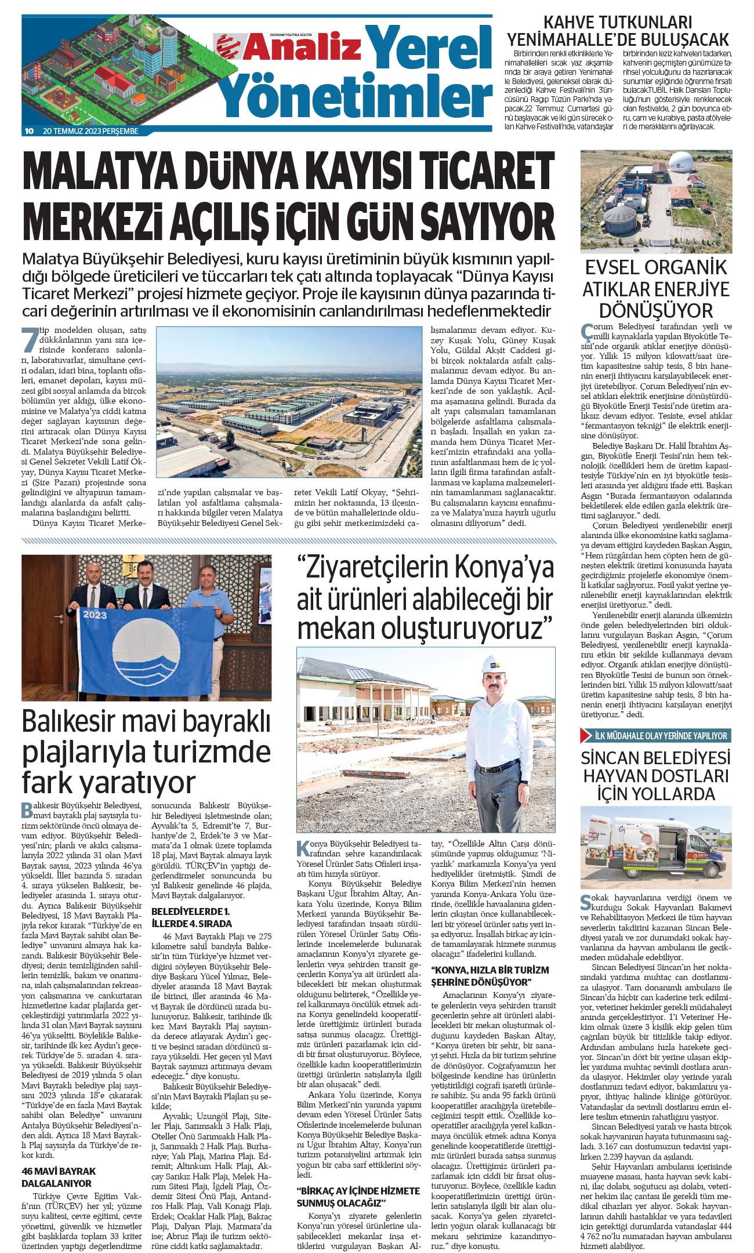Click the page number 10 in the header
tap(29, 131)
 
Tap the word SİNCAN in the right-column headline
tap(614, 758)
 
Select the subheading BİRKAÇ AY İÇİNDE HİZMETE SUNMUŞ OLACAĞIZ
tap(358, 1180)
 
